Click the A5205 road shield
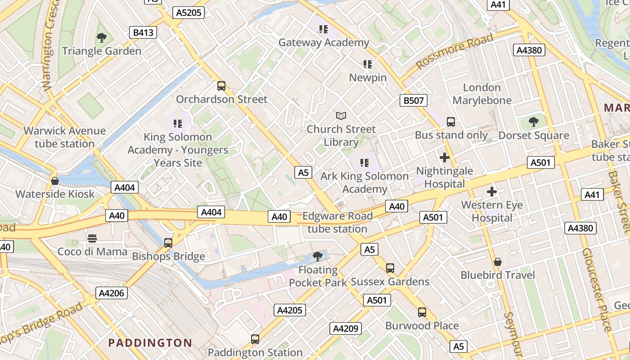click(189, 13)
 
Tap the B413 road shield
click(143, 32)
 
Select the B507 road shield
click(413, 100)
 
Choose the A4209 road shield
click(346, 329)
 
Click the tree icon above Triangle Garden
click(102, 38)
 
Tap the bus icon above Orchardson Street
click(221, 86)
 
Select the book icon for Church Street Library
click(341, 116)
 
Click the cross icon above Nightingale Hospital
click(445, 157)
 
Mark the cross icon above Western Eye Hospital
click(492, 192)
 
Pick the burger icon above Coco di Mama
click(92, 238)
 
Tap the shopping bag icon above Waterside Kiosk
click(55, 181)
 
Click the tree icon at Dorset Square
click(534, 122)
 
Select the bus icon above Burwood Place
click(422, 312)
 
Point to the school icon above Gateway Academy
click(323, 29)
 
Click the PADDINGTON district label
click(150, 343)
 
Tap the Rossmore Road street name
click(454, 51)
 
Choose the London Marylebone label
click(482, 94)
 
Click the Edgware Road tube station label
click(337, 222)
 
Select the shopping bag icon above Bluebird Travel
click(498, 262)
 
